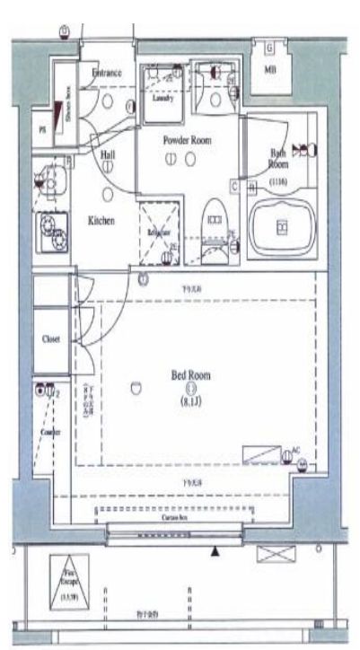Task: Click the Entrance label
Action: coord(107,71)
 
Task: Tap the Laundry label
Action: coord(162,99)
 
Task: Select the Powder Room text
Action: coord(186,140)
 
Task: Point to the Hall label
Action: coord(108,155)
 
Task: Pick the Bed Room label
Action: coord(191,375)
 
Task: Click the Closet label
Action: coord(51,340)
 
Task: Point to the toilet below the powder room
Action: coord(215,224)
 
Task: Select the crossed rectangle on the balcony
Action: coord(269,554)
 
